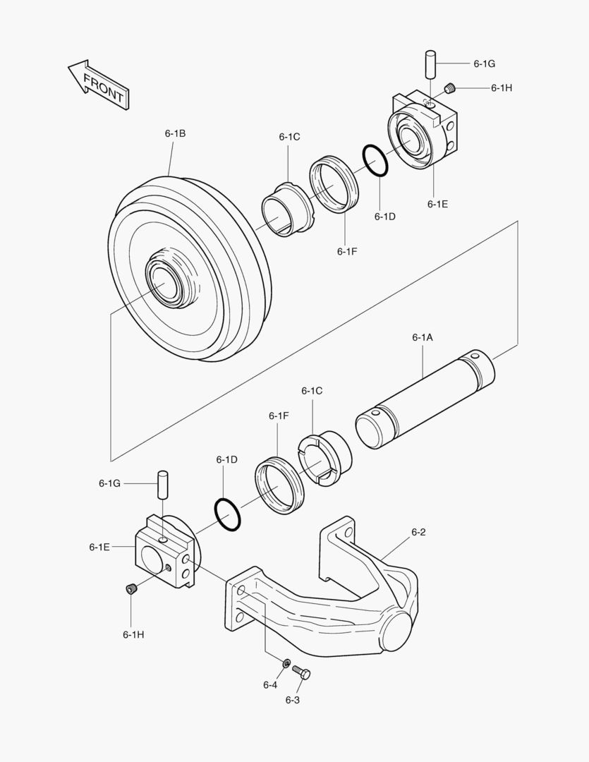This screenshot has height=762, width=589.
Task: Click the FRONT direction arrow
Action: [99, 84]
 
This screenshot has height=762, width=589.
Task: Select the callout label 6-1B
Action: [175, 133]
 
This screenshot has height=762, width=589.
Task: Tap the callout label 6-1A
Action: [423, 337]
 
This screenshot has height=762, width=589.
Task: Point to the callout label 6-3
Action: [293, 699]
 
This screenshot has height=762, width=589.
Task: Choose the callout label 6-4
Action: [270, 684]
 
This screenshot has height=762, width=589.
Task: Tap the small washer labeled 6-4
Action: [286, 663]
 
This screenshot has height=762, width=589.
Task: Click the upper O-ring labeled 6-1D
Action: [375, 162]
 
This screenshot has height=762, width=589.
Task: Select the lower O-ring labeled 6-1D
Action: [226, 513]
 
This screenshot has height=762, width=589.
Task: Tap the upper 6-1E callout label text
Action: [437, 204]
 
